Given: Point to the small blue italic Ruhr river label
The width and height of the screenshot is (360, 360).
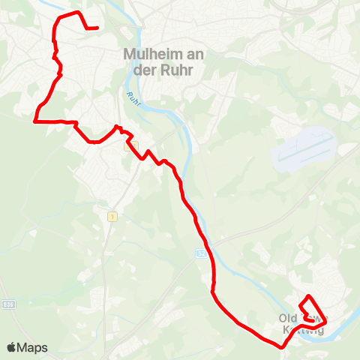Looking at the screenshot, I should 133,98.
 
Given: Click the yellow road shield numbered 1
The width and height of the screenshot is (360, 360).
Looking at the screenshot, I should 112,217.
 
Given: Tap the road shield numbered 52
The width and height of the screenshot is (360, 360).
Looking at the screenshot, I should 201,255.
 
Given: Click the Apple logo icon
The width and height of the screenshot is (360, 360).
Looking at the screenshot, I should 13,347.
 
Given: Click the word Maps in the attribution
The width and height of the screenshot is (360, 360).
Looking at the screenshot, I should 33,347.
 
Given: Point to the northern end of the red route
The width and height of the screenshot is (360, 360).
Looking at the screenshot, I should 97,28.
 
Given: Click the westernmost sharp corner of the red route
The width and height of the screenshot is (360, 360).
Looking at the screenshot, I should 35,119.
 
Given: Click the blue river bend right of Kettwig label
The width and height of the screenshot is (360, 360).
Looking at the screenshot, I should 342,319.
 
